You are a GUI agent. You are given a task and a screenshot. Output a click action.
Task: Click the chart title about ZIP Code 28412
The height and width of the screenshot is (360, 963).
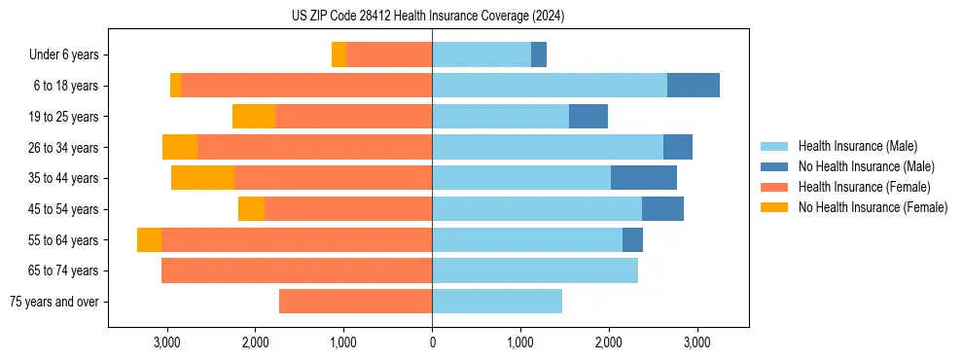(428, 17)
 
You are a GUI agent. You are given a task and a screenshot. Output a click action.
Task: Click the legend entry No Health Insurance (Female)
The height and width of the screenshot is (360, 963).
(873, 207)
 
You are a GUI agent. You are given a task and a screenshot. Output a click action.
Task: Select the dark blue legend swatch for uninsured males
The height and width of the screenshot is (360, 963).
(774, 166)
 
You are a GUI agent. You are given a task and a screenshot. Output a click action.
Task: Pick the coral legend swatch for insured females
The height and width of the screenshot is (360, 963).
(774, 187)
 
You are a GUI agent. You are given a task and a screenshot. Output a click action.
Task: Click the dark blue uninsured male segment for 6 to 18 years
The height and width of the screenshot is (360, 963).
(693, 86)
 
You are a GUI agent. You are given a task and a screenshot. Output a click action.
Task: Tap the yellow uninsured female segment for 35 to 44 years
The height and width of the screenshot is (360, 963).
(202, 178)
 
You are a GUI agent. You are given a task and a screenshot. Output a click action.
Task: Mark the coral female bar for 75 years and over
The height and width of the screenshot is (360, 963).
(355, 302)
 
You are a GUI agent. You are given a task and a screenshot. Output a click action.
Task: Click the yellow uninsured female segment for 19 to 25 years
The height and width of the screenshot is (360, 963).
(254, 117)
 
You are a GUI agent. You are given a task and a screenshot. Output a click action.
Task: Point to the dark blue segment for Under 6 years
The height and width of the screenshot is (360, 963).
(539, 55)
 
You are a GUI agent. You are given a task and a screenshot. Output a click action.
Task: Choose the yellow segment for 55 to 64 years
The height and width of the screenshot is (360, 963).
(149, 240)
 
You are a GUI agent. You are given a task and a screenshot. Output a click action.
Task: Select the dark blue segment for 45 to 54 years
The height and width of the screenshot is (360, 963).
(662, 209)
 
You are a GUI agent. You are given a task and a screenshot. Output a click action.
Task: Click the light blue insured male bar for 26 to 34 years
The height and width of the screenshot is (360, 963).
(548, 147)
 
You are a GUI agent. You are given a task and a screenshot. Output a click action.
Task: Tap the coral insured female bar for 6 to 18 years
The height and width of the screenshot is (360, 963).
(306, 86)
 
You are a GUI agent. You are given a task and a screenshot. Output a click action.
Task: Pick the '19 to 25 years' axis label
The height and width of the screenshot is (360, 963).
(63, 117)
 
